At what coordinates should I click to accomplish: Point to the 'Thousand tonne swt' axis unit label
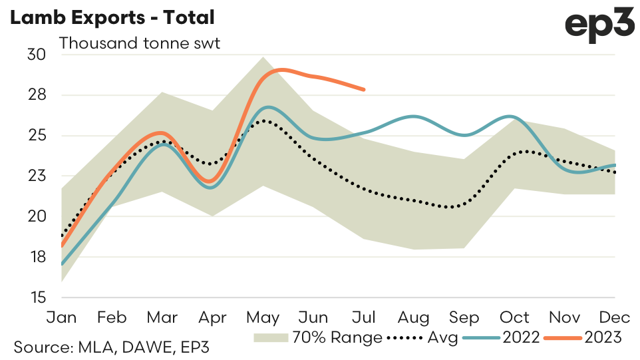(x=140, y=44)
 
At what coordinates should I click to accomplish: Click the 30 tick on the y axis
(x=37, y=55)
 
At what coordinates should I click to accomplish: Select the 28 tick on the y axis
(x=37, y=95)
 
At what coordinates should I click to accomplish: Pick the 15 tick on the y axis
(x=37, y=297)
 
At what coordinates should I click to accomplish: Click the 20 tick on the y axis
(x=37, y=216)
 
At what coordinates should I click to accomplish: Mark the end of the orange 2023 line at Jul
(x=365, y=89)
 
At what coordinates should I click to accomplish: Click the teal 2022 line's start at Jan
(x=62, y=264)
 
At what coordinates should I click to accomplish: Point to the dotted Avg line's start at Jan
(x=62, y=236)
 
